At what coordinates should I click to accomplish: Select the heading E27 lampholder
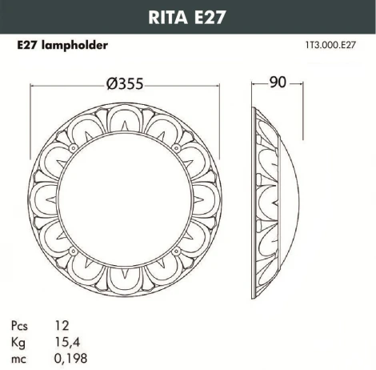(x=62, y=46)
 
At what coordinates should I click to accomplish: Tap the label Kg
(x=18, y=341)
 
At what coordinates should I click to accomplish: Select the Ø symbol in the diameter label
(x=110, y=86)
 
